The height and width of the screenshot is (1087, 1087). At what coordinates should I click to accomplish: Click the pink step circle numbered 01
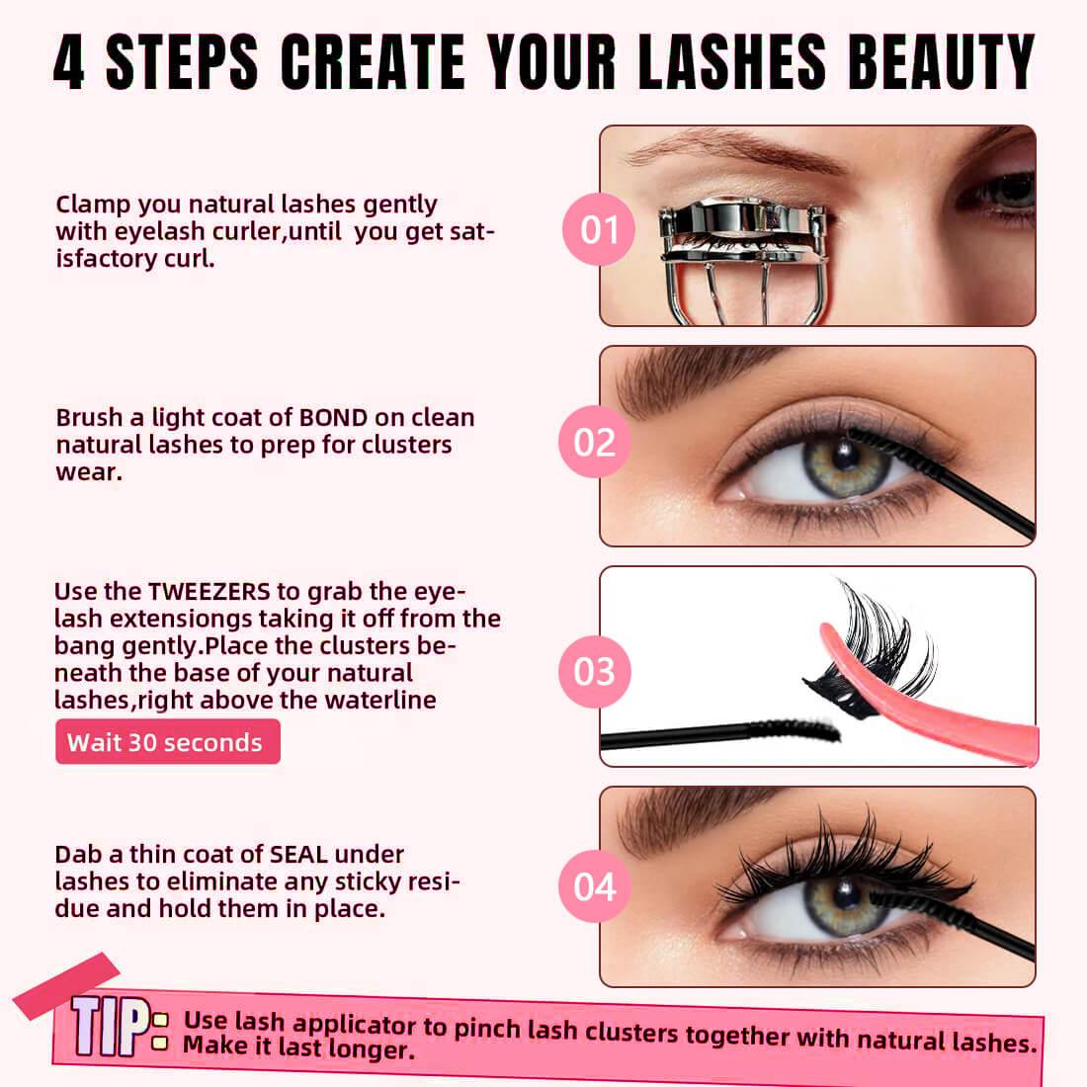tap(598, 229)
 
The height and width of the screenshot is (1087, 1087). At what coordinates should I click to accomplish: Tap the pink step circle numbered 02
tap(594, 443)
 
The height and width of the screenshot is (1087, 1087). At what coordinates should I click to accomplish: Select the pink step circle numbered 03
tap(594, 672)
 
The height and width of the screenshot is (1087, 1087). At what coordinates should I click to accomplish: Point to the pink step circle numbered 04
tap(594, 886)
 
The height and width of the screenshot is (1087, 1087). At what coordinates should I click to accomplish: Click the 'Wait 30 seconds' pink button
tap(168, 742)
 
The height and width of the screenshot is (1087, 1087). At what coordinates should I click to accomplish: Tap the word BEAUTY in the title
tap(941, 61)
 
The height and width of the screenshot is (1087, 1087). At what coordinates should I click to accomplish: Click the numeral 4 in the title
tap(69, 62)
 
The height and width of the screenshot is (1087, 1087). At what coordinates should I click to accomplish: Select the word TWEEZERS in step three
tap(209, 591)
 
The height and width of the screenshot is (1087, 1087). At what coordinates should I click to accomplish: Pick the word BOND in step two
tap(333, 418)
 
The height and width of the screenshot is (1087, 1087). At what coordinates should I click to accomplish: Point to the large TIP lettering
tap(111, 1026)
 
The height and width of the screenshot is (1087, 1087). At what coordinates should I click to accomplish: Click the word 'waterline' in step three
tap(380, 701)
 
